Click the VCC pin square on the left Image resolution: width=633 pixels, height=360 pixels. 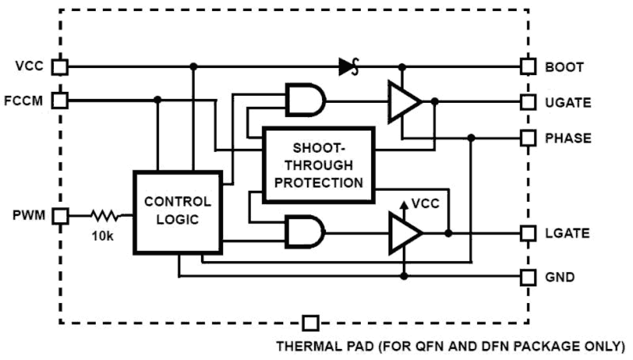(60, 67)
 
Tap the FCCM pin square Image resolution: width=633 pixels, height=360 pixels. (60, 100)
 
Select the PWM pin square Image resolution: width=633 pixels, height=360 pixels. (60, 216)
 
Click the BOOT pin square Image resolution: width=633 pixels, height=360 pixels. (528, 67)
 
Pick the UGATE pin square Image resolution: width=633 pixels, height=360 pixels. (528, 102)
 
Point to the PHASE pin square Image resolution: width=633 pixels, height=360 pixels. (528, 137)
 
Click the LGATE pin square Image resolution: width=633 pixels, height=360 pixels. (528, 233)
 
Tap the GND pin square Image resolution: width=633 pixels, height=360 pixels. (528, 276)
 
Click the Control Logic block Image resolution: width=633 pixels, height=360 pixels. (177, 212)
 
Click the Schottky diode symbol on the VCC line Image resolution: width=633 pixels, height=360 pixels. (348, 67)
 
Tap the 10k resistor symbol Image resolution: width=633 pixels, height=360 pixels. (105, 216)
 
